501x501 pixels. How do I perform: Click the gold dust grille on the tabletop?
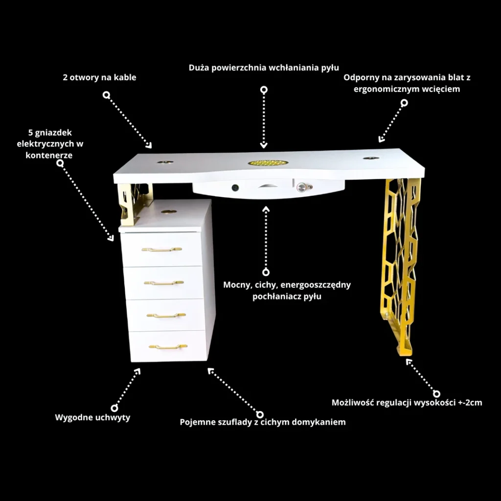coord(264,163)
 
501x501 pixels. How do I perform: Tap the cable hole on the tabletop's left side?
coord(165,162)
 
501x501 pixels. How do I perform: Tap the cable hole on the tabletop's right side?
coord(371,158)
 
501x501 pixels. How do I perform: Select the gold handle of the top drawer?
coord(161,249)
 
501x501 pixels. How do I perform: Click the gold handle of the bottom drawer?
coord(168,346)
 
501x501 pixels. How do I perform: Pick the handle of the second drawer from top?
coord(163,282)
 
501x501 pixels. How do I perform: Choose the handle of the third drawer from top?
coord(166,316)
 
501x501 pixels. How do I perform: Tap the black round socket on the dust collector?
coord(235,187)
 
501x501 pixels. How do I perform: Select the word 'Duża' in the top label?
coord(199,68)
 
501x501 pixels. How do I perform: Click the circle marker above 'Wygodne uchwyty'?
coord(114,408)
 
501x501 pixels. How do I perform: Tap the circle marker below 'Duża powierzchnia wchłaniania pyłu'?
coord(264,90)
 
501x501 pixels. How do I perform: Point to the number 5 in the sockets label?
coord(31,133)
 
